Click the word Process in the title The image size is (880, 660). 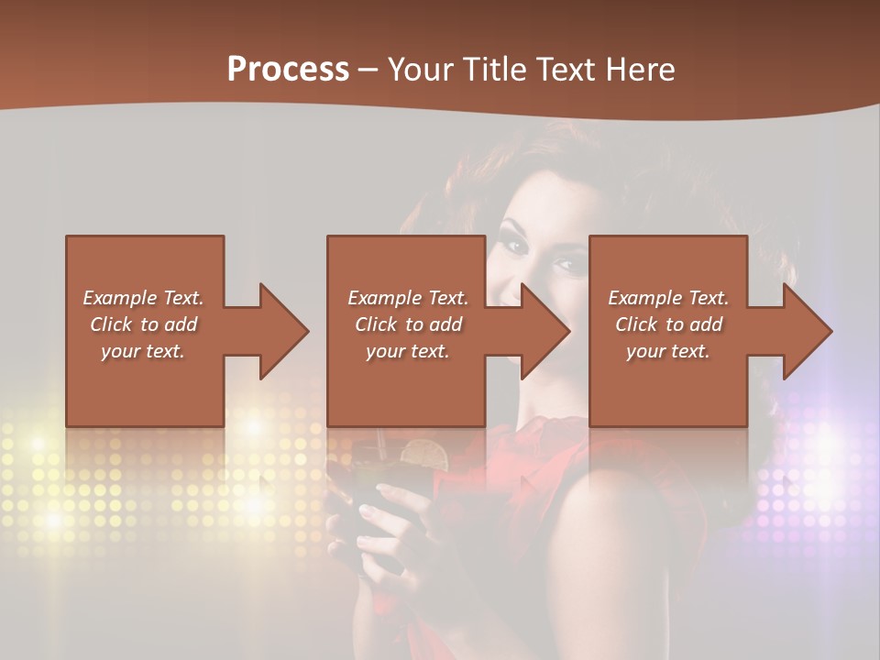[x=288, y=69]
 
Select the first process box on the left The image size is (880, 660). [x=145, y=385]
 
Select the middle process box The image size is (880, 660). [x=406, y=385]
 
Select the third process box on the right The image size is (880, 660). [x=667, y=385]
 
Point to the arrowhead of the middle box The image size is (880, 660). [x=544, y=331]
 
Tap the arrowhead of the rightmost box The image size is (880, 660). [x=807, y=331]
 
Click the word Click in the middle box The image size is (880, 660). [x=375, y=324]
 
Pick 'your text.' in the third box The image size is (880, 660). [x=667, y=351]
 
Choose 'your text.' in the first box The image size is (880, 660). [x=143, y=351]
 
